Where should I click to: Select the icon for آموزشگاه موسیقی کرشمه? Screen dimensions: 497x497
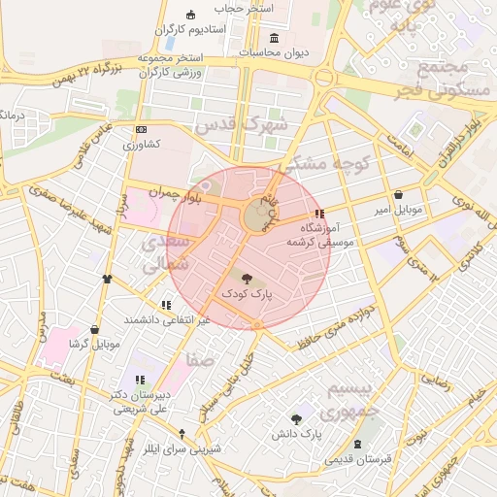click(x=319, y=214)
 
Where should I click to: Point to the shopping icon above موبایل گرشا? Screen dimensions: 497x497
click(x=94, y=330)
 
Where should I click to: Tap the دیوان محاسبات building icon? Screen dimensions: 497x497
click(x=275, y=39)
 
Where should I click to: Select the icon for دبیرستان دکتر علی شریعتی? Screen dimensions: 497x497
click(x=139, y=380)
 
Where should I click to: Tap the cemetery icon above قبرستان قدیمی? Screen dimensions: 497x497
click(x=360, y=444)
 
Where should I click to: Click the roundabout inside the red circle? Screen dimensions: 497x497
click(x=257, y=216)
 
